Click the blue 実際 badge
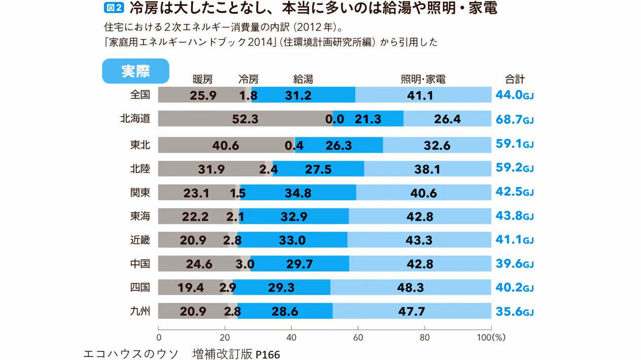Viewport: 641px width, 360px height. (x=135, y=71)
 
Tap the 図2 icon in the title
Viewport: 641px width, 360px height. (x=114, y=8)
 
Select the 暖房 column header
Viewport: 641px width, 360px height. (x=203, y=80)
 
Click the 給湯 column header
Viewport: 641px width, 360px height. (x=303, y=80)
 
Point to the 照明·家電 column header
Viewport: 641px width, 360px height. (x=423, y=80)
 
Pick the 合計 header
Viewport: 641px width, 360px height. (x=514, y=80)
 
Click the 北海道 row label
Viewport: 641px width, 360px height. (x=135, y=119)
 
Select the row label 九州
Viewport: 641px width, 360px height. (x=140, y=311)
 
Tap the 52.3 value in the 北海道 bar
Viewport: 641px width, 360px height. (x=245, y=119)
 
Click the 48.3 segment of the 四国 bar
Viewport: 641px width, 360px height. (x=410, y=288)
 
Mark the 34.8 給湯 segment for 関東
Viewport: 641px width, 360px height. (x=298, y=193)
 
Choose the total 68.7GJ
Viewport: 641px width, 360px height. (x=514, y=120)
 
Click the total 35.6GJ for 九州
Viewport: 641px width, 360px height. (x=514, y=312)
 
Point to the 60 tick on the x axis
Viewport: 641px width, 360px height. (x=358, y=337)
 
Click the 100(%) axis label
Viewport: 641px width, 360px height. (x=491, y=337)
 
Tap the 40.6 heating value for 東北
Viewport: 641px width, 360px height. (x=226, y=146)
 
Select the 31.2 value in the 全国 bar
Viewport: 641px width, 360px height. (x=298, y=95)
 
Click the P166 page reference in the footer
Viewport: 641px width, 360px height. (x=268, y=354)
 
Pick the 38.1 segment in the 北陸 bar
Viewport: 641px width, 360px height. (x=427, y=169)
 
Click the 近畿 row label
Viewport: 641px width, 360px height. (x=140, y=239)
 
